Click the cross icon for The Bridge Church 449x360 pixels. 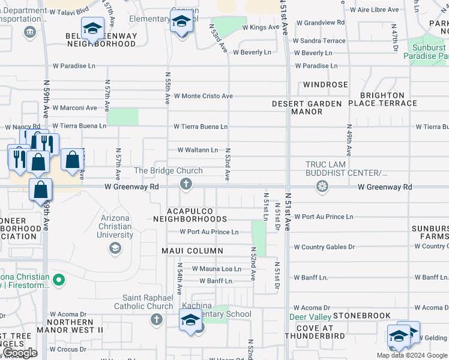[186, 184]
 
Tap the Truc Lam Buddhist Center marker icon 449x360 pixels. [322, 187]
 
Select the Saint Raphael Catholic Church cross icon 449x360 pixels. [156, 318]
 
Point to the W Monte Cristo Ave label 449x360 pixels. [203, 96]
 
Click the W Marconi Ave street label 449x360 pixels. [74, 108]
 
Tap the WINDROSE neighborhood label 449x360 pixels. [325, 85]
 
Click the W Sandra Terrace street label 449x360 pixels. [319, 41]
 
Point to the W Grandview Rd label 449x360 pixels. [321, 23]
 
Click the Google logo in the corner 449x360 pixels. [20, 353]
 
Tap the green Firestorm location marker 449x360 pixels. [58, 280]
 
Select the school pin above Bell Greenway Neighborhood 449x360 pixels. [93, 28]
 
